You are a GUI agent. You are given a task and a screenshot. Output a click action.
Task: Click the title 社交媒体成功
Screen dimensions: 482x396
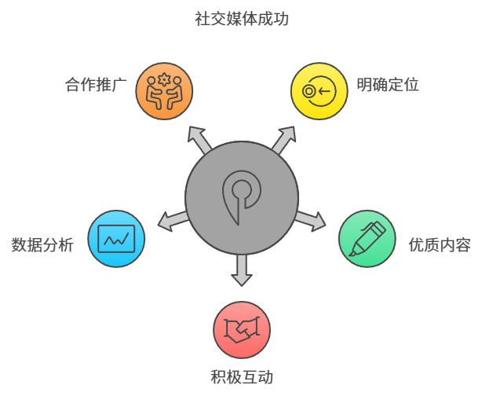[241, 18]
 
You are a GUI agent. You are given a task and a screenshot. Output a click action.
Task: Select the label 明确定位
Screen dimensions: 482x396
[387, 85]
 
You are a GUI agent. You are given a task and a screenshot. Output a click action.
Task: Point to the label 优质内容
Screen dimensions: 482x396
[440, 244]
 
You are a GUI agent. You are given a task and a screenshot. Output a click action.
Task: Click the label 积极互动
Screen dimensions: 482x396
[242, 377]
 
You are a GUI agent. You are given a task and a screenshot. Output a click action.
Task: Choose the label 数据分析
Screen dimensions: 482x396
[42, 244]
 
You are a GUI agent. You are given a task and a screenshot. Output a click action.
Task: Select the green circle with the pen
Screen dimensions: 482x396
[367, 238]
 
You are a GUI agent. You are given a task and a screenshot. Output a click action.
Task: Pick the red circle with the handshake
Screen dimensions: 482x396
[242, 329]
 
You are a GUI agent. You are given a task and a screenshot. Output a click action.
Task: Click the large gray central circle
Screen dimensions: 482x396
[242, 196]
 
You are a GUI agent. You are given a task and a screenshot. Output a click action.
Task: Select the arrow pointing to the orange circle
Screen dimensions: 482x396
[199, 139]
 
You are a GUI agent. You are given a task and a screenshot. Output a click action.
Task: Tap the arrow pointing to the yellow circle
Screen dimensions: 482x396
[283, 139]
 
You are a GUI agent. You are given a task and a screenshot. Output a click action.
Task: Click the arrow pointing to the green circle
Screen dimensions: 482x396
[309, 220]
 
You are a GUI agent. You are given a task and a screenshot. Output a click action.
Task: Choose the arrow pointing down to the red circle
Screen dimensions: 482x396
[242, 269]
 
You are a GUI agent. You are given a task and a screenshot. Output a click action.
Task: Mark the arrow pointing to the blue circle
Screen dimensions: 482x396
[173, 220]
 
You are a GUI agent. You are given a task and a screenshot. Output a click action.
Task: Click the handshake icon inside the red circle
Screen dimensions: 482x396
[242, 329]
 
